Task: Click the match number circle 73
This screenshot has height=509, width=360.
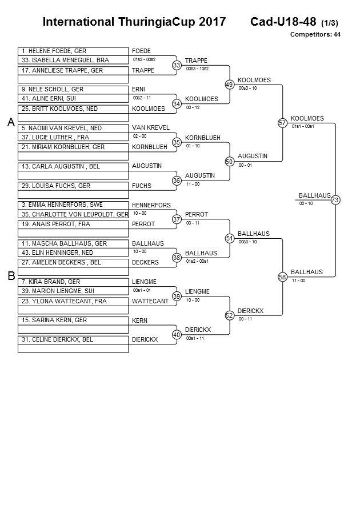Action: click(335, 200)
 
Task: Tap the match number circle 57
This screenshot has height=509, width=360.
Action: click(282, 123)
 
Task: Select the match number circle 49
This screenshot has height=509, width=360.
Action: click(229, 85)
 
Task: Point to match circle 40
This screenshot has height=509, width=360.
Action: click(177, 334)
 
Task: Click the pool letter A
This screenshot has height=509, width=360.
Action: click(10, 122)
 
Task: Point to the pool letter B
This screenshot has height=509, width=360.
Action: click(10, 276)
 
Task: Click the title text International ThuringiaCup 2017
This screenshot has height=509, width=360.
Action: click(134, 22)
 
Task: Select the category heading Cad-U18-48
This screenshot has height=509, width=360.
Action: click(283, 22)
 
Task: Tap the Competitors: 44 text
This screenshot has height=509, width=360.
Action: click(315, 35)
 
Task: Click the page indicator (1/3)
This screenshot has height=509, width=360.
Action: click(330, 23)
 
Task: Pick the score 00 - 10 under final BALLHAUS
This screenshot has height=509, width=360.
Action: click(306, 203)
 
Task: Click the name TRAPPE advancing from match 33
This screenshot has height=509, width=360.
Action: click(196, 61)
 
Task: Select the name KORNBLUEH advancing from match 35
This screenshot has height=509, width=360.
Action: click(202, 138)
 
